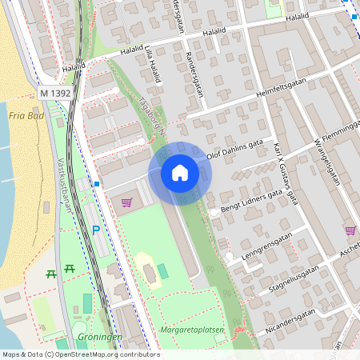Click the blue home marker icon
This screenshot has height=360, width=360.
point(180,173)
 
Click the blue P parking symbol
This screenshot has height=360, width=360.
point(96,230)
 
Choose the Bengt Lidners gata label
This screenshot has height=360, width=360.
point(250,202)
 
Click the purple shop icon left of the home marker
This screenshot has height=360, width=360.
point(126,202)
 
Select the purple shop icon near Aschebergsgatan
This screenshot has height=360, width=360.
point(350,230)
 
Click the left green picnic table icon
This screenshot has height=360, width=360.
point(52,273)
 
